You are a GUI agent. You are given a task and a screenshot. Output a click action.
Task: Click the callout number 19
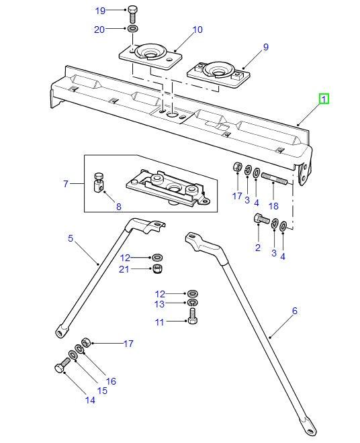100,11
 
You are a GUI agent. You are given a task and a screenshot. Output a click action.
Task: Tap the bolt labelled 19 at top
133,12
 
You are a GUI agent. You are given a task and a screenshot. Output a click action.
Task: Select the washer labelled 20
133,30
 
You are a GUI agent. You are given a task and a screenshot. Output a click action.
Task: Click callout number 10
197,30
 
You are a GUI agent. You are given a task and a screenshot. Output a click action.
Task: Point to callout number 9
265,47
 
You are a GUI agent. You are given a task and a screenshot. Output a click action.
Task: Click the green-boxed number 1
324,99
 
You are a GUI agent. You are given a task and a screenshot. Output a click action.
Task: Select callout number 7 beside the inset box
66,183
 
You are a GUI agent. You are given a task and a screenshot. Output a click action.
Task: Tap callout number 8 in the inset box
118,207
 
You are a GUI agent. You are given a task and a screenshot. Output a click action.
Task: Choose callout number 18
273,206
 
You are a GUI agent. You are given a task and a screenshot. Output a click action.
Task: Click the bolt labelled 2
261,219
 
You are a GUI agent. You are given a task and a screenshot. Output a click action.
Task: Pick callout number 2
257,248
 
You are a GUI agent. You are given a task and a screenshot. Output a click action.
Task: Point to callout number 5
70,238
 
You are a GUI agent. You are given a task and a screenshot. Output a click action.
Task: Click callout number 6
294,311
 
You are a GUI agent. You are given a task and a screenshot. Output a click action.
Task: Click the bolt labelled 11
193,319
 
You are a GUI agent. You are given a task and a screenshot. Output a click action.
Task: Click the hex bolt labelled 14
59,367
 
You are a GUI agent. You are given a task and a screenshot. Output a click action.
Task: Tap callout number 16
111,381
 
